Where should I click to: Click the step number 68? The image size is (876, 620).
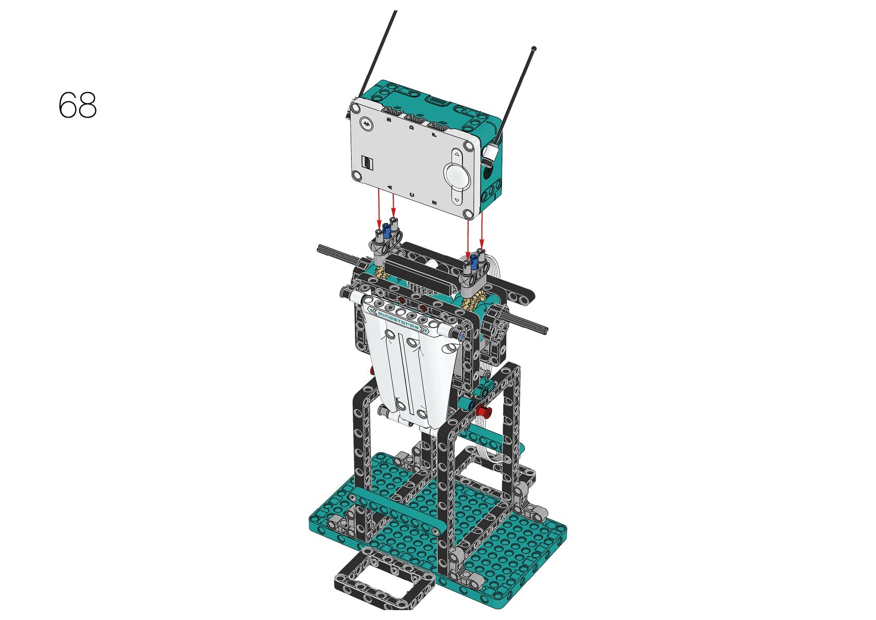[78, 105]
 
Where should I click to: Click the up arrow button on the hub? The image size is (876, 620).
[457, 155]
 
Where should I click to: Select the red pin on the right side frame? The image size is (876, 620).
[484, 411]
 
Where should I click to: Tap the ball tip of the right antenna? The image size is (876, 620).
[534, 49]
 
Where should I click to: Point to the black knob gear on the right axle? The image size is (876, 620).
[495, 322]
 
